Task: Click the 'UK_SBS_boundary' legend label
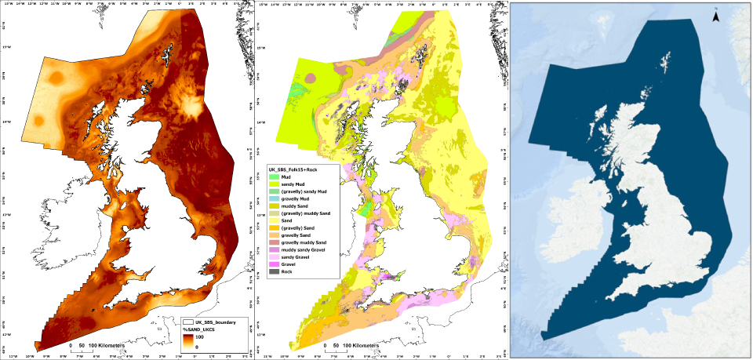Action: point(216,322)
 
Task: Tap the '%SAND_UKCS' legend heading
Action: point(202,329)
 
